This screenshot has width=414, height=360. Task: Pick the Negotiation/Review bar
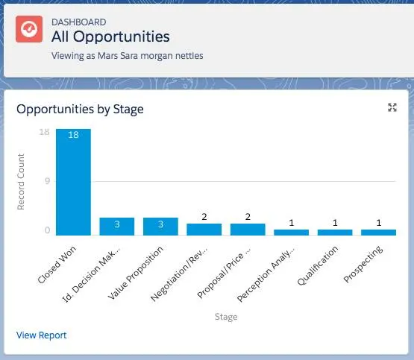pos(204,230)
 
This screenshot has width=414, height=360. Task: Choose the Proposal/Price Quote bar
pos(248,230)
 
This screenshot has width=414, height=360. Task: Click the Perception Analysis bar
pos(291,233)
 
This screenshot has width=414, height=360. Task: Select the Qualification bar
pos(335,233)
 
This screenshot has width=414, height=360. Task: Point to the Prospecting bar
pos(378,233)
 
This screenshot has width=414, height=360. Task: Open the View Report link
pos(41,335)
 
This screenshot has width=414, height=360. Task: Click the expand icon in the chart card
pos(392,108)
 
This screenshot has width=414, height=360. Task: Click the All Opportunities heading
pos(110,37)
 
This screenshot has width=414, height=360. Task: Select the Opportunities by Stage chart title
pos(80,110)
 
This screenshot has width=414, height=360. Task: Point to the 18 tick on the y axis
pos(44,132)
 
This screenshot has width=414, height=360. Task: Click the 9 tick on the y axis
pos(46,181)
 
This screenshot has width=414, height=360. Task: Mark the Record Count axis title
pos(22,181)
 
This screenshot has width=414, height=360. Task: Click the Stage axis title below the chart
pos(225,318)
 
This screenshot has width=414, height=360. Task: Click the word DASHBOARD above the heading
pos(78,21)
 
